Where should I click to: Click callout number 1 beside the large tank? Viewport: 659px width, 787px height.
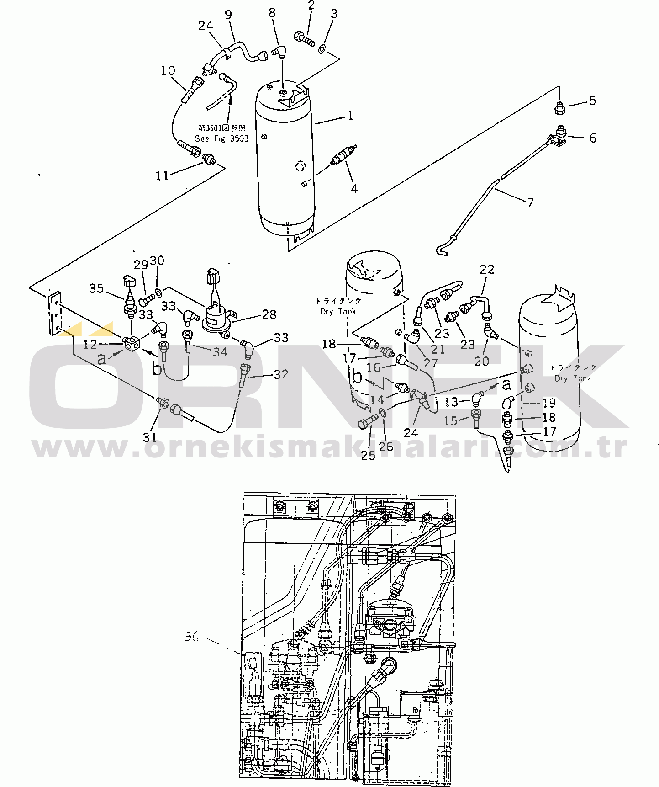point(350,116)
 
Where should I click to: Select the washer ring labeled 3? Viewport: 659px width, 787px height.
point(322,48)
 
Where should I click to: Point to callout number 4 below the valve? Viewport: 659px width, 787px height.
point(354,188)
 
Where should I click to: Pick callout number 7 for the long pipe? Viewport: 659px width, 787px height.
point(530,202)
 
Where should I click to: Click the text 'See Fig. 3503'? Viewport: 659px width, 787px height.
point(221,138)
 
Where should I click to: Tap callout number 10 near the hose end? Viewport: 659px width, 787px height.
point(168,71)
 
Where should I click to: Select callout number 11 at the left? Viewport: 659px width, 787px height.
point(162,175)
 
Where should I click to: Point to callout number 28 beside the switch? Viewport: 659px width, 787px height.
point(269,314)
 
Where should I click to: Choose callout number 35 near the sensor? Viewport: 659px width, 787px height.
point(96,288)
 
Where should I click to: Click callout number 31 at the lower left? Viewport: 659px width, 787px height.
point(150,437)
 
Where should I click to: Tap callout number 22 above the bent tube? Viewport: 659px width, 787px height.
point(487,269)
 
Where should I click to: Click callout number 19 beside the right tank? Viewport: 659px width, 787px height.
point(549,403)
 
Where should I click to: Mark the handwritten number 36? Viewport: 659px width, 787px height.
point(192,636)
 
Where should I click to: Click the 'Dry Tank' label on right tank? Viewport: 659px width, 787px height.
point(573,378)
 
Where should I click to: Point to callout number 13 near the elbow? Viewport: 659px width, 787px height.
point(451,402)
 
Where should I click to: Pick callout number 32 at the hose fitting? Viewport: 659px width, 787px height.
point(281,374)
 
